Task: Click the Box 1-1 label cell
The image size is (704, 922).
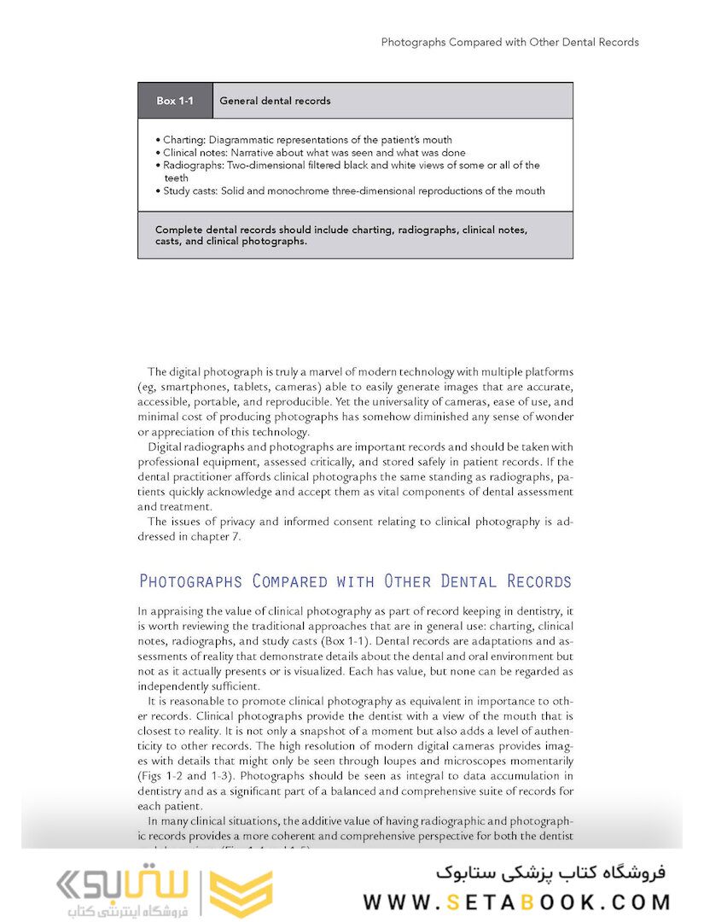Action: click(x=175, y=101)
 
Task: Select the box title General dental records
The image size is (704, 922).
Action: click(x=275, y=101)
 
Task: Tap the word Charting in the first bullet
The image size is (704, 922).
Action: click(x=183, y=140)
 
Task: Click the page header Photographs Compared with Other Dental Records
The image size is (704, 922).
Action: click(x=509, y=42)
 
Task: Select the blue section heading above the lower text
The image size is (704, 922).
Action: click(x=354, y=582)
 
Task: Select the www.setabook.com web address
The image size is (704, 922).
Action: click(x=516, y=902)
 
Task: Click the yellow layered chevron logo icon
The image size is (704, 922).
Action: click(x=241, y=894)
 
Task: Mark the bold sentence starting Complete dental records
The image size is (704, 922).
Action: click(x=341, y=236)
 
